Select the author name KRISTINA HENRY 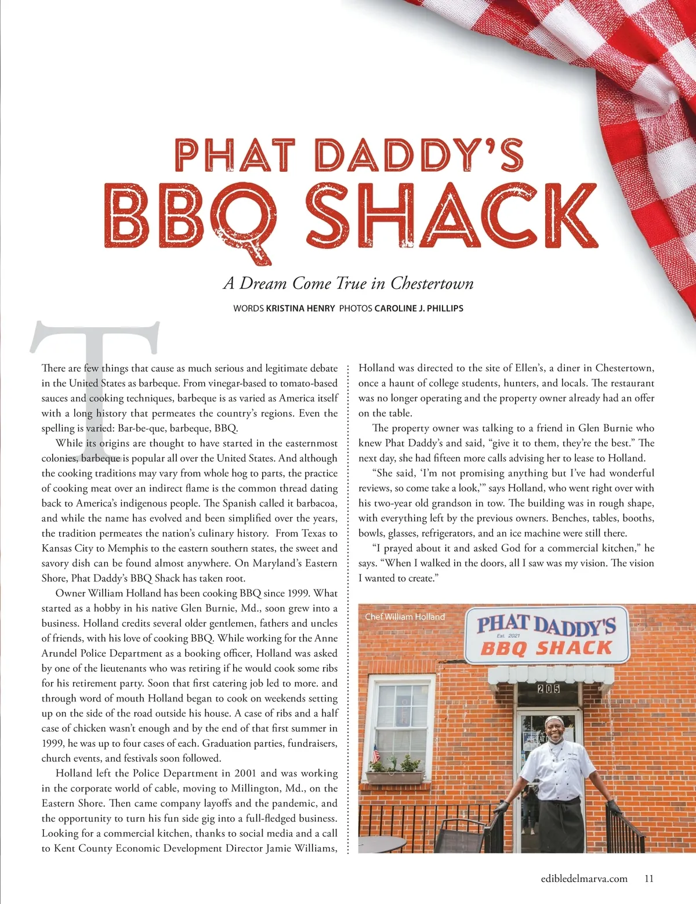300,308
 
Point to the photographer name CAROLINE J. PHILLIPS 419,308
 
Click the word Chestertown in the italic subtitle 432,283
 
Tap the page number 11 649,878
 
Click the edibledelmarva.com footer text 584,878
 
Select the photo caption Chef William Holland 405,617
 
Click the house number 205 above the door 548,689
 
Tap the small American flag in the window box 376,754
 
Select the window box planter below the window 394,776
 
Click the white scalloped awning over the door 550,675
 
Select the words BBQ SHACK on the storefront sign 546,648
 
